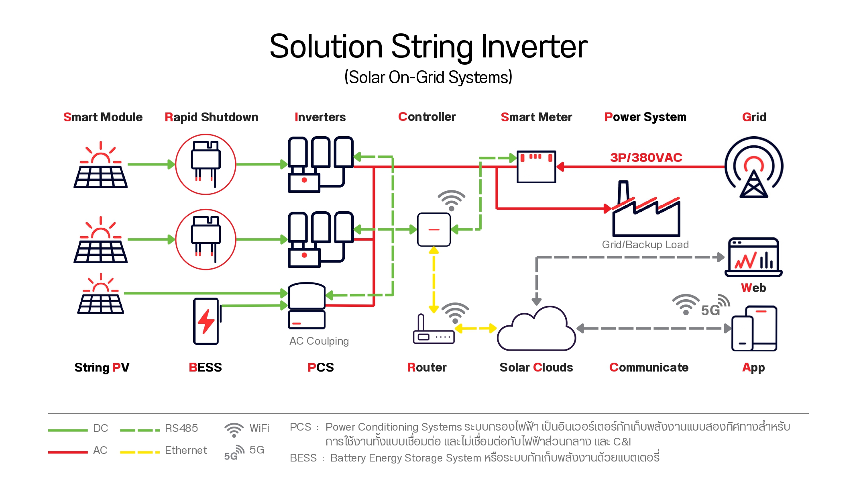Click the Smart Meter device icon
point(536,167)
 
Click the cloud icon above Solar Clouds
point(536,329)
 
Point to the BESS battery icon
point(206,321)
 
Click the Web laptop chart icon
point(754,257)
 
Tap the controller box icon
point(434,229)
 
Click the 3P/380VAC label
point(646,157)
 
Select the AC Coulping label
point(319,341)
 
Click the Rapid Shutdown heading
point(212,117)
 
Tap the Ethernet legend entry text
point(186,450)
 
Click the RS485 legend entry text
point(181,428)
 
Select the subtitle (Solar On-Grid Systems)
point(428,77)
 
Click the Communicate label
point(649,368)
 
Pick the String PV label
point(102,368)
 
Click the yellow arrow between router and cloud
point(476,329)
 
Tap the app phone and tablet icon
point(754,329)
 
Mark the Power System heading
point(645,117)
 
